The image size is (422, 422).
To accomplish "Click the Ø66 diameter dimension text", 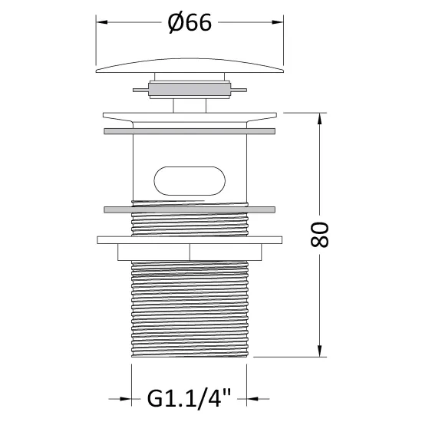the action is [190, 22].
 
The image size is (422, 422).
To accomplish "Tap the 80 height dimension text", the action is [319, 235].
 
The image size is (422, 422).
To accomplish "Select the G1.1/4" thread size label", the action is [189, 398].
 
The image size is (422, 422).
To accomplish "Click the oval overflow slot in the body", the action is [190, 181].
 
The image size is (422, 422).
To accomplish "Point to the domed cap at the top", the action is [190, 66].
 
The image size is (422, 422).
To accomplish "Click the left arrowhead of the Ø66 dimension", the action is [102, 22].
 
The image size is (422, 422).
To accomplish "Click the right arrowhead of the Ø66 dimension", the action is [278, 22].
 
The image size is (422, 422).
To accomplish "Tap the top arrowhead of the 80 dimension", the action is [319, 119].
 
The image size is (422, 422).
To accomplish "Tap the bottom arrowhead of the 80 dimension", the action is [319, 351].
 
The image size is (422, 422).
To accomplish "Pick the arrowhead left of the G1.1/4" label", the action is [126, 399].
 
